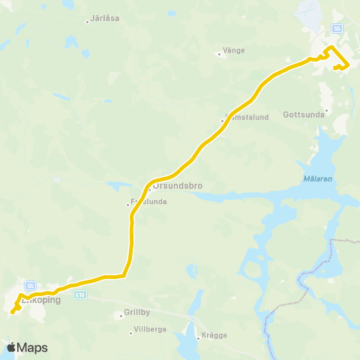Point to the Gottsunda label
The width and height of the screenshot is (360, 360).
(x=304, y=115)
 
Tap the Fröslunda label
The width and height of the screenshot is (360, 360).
(x=148, y=202)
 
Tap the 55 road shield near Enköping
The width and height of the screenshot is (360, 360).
(x=30, y=285)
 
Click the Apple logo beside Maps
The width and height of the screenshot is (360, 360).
(x=11, y=348)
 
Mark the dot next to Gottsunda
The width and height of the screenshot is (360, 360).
(x=326, y=109)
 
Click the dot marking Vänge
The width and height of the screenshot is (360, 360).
(x=218, y=53)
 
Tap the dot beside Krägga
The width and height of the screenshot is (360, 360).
(x=198, y=337)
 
